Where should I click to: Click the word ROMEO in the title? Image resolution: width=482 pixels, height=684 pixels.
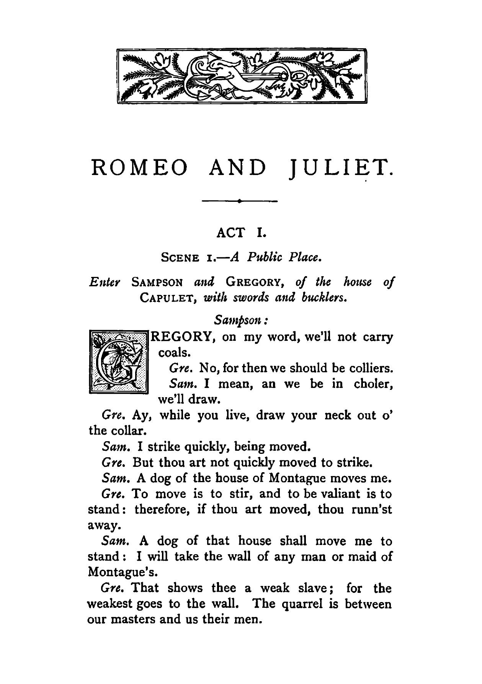tap(140, 168)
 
